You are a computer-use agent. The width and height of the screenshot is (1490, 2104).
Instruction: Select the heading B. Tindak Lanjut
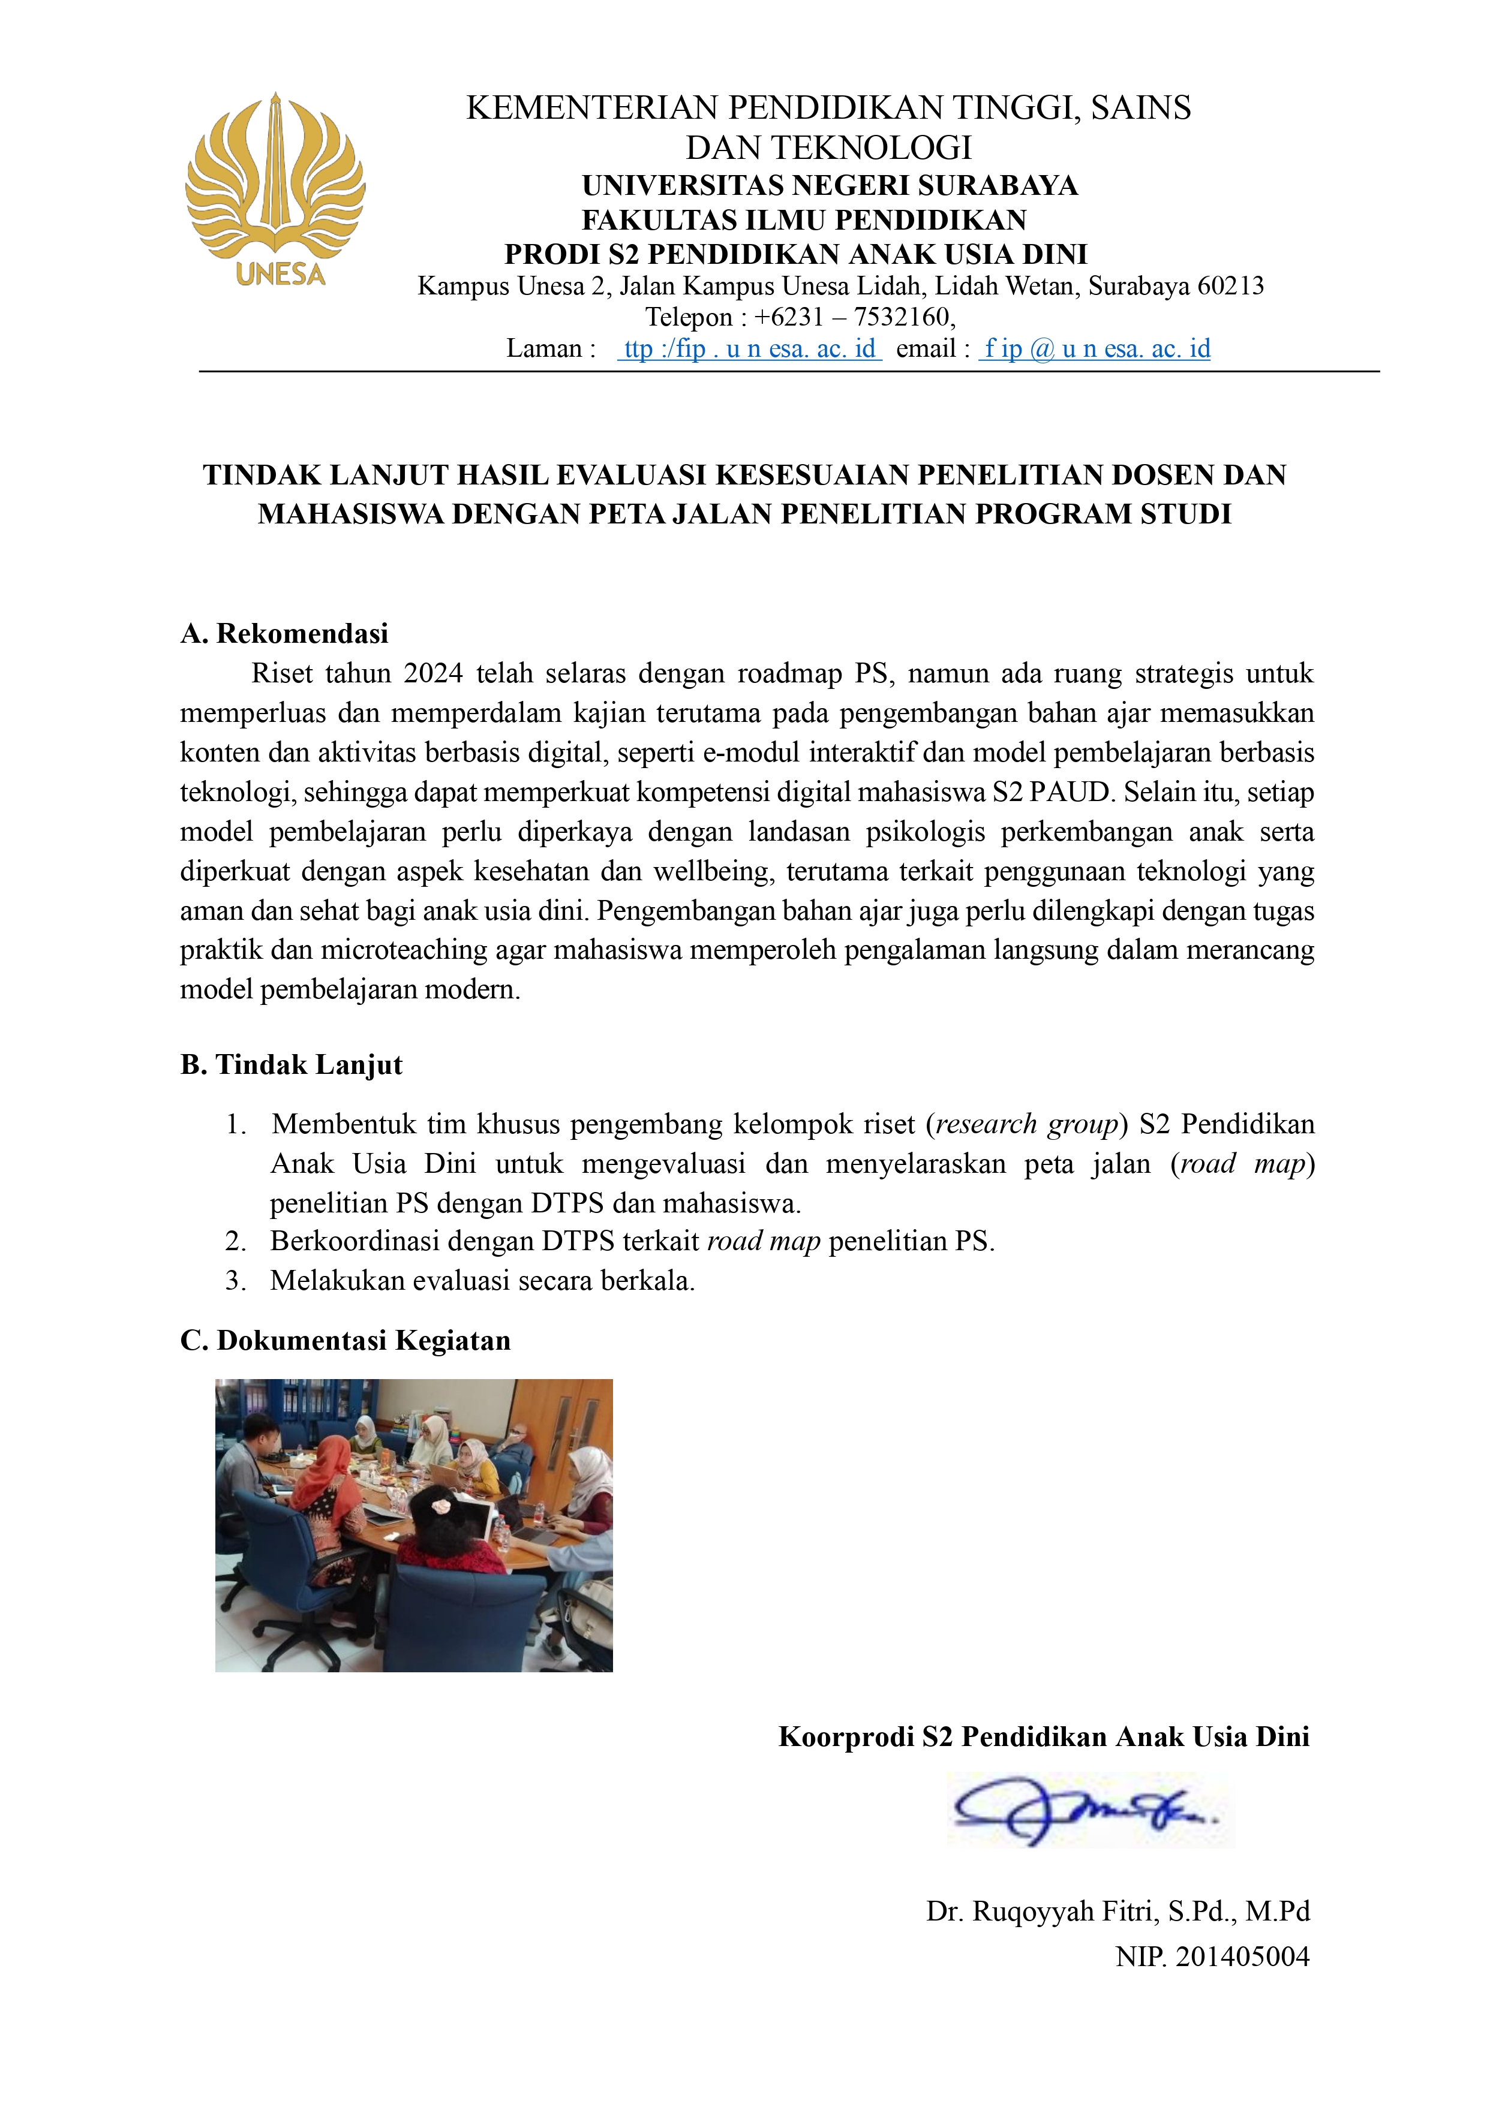click(292, 1065)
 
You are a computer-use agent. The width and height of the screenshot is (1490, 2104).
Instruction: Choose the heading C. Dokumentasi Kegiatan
click(345, 1341)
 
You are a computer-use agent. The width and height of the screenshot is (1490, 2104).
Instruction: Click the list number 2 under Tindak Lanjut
click(235, 1242)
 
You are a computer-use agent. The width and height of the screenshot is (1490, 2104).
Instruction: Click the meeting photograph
click(414, 1525)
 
